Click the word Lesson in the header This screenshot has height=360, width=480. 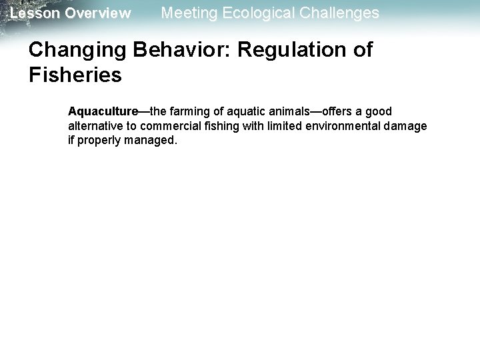(33, 13)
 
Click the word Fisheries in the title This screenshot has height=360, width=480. (76, 75)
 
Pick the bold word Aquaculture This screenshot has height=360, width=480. (100, 111)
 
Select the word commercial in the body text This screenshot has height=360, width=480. (168, 126)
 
